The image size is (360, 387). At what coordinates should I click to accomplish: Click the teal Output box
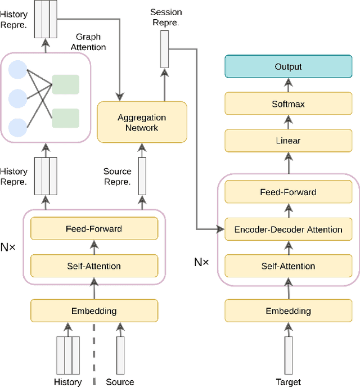point(288,66)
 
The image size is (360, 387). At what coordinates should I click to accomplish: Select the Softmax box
point(288,104)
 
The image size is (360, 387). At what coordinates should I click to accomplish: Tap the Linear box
point(288,141)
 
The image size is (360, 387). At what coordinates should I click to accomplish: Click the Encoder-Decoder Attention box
point(288,229)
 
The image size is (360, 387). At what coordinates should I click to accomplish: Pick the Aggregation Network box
point(142,123)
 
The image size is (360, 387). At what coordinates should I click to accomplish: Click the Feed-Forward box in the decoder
point(288,192)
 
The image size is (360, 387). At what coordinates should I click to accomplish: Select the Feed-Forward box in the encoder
point(94,228)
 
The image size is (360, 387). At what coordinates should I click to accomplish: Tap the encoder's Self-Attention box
point(94,265)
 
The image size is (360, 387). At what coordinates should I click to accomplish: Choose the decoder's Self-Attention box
point(288,266)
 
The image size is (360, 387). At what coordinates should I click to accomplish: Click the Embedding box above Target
point(288,310)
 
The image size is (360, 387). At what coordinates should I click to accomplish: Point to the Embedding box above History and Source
point(94,310)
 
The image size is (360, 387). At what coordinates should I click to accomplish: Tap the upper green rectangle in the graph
point(65,84)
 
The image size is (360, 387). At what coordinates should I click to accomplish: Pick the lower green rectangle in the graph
point(65,118)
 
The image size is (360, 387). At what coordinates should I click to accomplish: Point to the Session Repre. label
point(166,16)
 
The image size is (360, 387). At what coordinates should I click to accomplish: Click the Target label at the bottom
point(288,382)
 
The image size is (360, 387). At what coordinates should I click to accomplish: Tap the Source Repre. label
point(118,177)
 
